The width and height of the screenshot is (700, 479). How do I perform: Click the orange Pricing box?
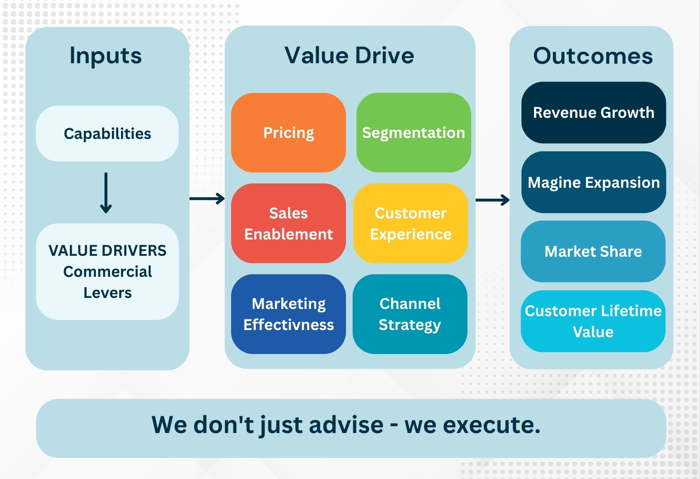tap(289, 133)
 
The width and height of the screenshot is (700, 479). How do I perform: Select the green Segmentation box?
tap(413, 133)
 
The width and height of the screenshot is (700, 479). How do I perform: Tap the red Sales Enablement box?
tap(289, 223)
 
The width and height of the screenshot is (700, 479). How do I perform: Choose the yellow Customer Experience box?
tap(411, 223)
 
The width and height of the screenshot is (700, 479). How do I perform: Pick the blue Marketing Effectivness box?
tap(289, 314)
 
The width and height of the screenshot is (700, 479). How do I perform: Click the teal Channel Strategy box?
tap(410, 314)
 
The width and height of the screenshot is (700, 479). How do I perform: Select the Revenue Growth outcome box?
tap(593, 113)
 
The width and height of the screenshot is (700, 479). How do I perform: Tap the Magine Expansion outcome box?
tap(593, 182)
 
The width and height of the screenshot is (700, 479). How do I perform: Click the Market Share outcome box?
tap(593, 251)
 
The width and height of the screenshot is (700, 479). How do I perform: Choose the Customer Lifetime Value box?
tap(593, 321)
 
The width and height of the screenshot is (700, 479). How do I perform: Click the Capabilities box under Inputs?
tap(107, 134)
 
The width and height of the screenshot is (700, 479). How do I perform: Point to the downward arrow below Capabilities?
tap(106, 193)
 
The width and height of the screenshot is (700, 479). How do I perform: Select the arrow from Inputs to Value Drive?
tap(207, 198)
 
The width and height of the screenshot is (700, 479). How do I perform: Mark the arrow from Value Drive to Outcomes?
tap(492, 200)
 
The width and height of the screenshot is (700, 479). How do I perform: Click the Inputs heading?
tap(106, 56)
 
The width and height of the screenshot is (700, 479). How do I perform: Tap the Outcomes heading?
tap(593, 56)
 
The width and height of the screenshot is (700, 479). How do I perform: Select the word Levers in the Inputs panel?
tap(108, 293)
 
